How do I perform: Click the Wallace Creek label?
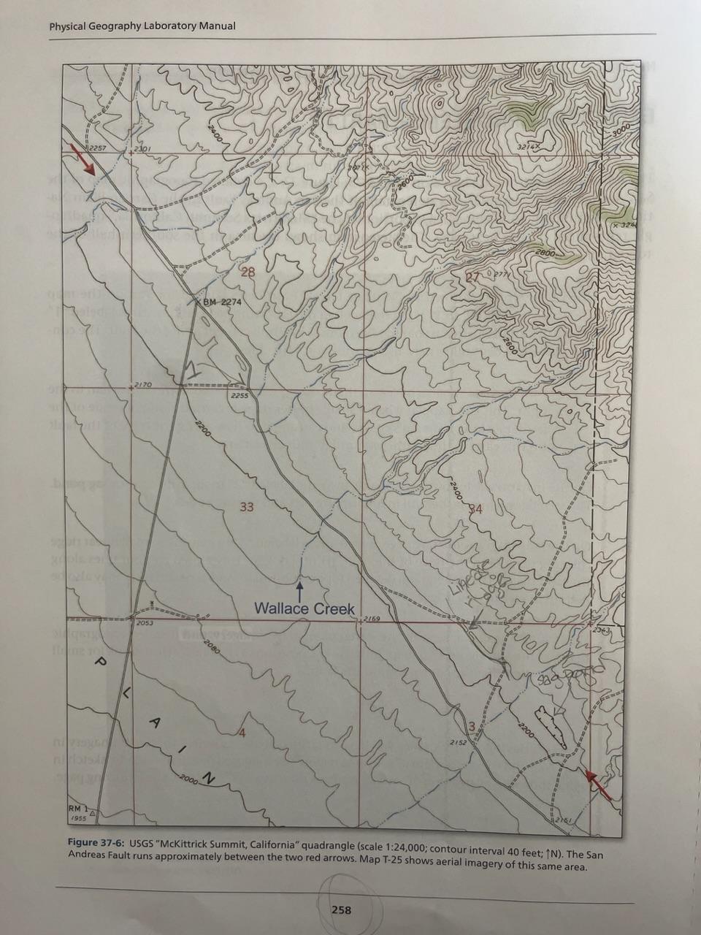[x=304, y=608]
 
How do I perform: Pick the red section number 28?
[x=248, y=272]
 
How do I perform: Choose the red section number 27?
[x=473, y=277]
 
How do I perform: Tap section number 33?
[x=247, y=506]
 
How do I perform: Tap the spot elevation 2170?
[x=141, y=384]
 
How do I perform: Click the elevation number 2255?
[x=240, y=396]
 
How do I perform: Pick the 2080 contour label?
[x=212, y=646]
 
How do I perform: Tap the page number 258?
[x=341, y=909]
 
